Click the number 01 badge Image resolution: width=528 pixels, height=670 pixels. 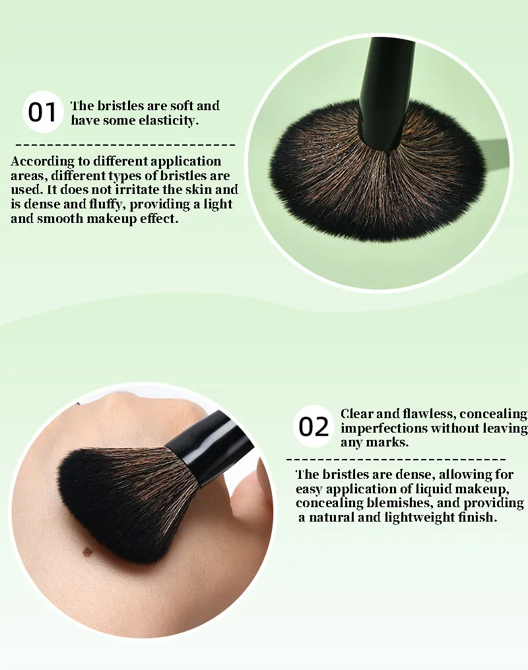42,112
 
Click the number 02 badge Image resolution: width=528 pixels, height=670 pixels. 313,427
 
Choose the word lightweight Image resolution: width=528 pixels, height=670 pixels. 418,518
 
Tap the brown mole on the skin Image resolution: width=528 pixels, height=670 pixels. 87,552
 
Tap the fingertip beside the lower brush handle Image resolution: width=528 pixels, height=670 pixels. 252,491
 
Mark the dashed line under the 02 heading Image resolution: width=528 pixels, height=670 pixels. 396,460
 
